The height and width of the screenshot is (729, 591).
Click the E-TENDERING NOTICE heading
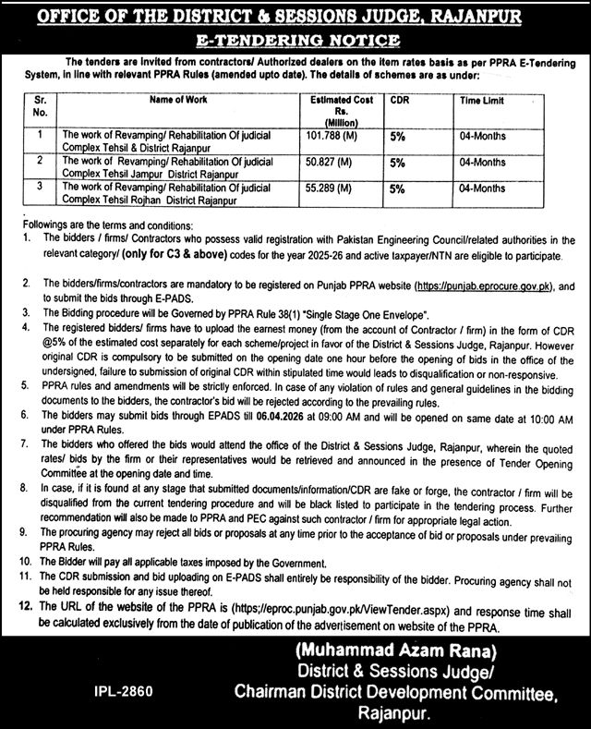295,41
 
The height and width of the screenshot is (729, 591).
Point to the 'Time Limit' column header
480,100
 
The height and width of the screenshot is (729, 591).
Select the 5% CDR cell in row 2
398,162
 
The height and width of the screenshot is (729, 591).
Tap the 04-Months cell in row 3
481,188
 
